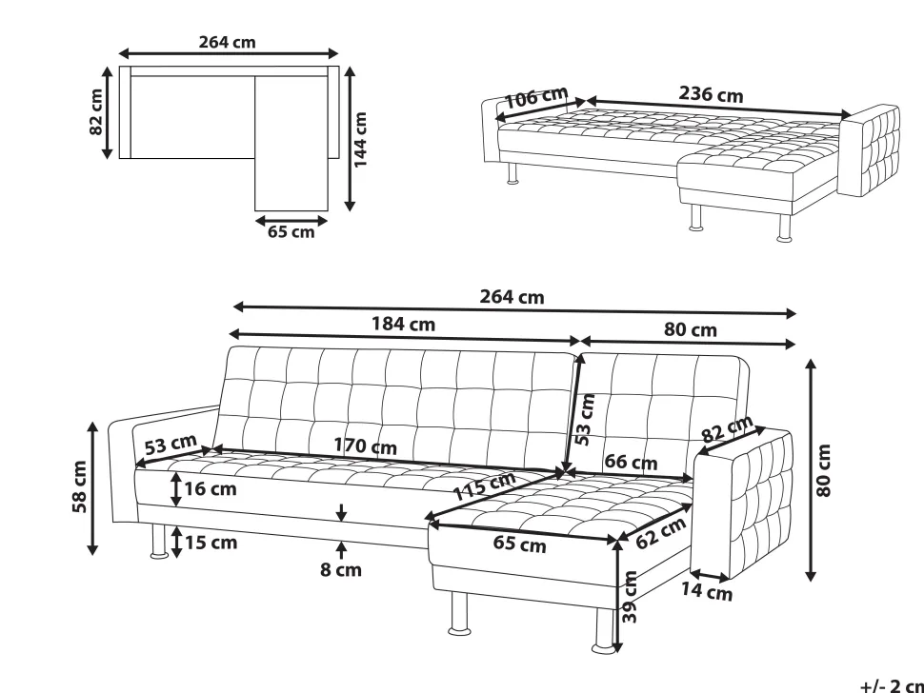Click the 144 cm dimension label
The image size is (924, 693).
click(361, 140)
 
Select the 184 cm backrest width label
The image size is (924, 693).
click(403, 324)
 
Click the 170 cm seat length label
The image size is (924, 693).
click(366, 445)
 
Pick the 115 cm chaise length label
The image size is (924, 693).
click(483, 485)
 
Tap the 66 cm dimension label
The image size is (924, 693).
click(631, 462)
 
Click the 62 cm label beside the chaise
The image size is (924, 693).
click(660, 533)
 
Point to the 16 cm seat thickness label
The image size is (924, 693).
click(211, 488)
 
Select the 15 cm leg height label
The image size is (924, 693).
click(211, 543)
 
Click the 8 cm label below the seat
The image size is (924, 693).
click(341, 570)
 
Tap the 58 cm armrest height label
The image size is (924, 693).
click(80, 486)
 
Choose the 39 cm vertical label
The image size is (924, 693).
click(630, 597)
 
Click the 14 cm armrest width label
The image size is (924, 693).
click(707, 591)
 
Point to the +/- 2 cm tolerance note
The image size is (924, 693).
click(892, 685)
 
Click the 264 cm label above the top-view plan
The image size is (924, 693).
click(227, 43)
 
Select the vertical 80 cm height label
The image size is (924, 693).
click(824, 470)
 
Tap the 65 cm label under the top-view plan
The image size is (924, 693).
click(291, 232)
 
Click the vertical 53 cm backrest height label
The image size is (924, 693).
click(585, 419)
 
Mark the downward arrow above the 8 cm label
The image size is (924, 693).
click(341, 512)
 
